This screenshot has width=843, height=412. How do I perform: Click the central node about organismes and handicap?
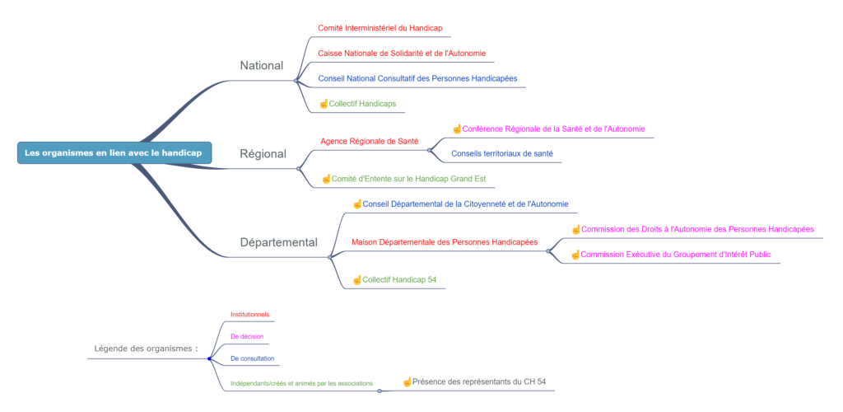[x=114, y=152]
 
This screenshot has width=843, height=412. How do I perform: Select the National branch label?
[x=261, y=66]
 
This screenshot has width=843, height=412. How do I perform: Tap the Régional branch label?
[x=263, y=154]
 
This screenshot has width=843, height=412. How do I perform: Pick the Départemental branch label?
[x=278, y=242]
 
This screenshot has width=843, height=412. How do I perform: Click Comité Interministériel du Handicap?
[x=380, y=28]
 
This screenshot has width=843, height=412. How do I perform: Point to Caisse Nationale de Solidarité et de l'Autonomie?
[x=402, y=54]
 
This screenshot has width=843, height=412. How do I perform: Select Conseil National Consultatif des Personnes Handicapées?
[x=417, y=78]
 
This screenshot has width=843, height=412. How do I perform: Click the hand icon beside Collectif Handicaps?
[x=323, y=103]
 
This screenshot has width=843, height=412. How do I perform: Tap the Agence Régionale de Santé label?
[x=370, y=142]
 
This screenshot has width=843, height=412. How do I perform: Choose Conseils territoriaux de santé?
[x=502, y=154]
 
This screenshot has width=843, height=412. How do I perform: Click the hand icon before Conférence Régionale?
[x=456, y=129]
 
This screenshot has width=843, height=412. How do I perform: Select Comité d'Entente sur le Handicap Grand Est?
[x=408, y=179]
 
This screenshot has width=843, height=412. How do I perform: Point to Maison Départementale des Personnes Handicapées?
[x=445, y=242]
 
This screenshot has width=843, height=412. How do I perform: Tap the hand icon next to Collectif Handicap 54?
[x=356, y=279]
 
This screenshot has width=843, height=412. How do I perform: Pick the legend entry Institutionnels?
[x=250, y=314]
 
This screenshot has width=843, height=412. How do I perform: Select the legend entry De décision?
[x=247, y=336]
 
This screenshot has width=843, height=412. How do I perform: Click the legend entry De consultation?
[x=252, y=358]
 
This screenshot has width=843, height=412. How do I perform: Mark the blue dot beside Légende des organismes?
[x=209, y=358]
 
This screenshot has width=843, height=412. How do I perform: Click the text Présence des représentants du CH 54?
[x=480, y=382]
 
